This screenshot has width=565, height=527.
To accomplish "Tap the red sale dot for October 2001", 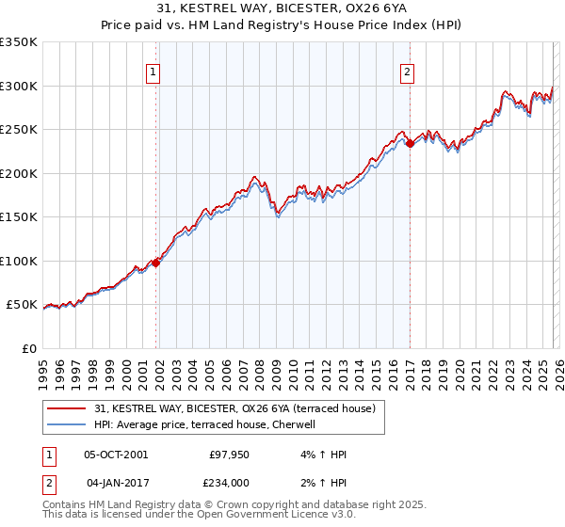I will coord(156,263).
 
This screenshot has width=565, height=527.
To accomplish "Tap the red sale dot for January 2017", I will coord(411,144).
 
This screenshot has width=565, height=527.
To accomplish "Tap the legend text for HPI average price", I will coord(210,424).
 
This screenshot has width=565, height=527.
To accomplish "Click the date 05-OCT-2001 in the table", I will coord(116,455).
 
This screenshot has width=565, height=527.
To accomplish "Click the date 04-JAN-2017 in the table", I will coord(116,483).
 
